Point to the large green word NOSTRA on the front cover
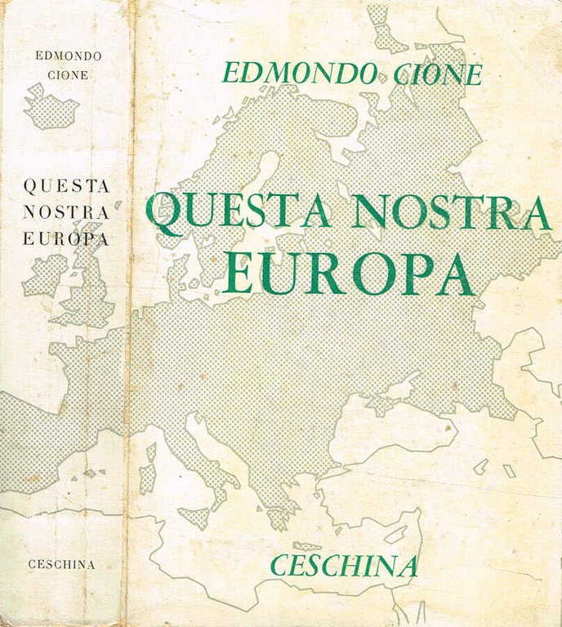pos(453,212)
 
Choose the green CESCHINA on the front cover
pos(346,564)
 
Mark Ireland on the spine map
pos(44,275)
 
